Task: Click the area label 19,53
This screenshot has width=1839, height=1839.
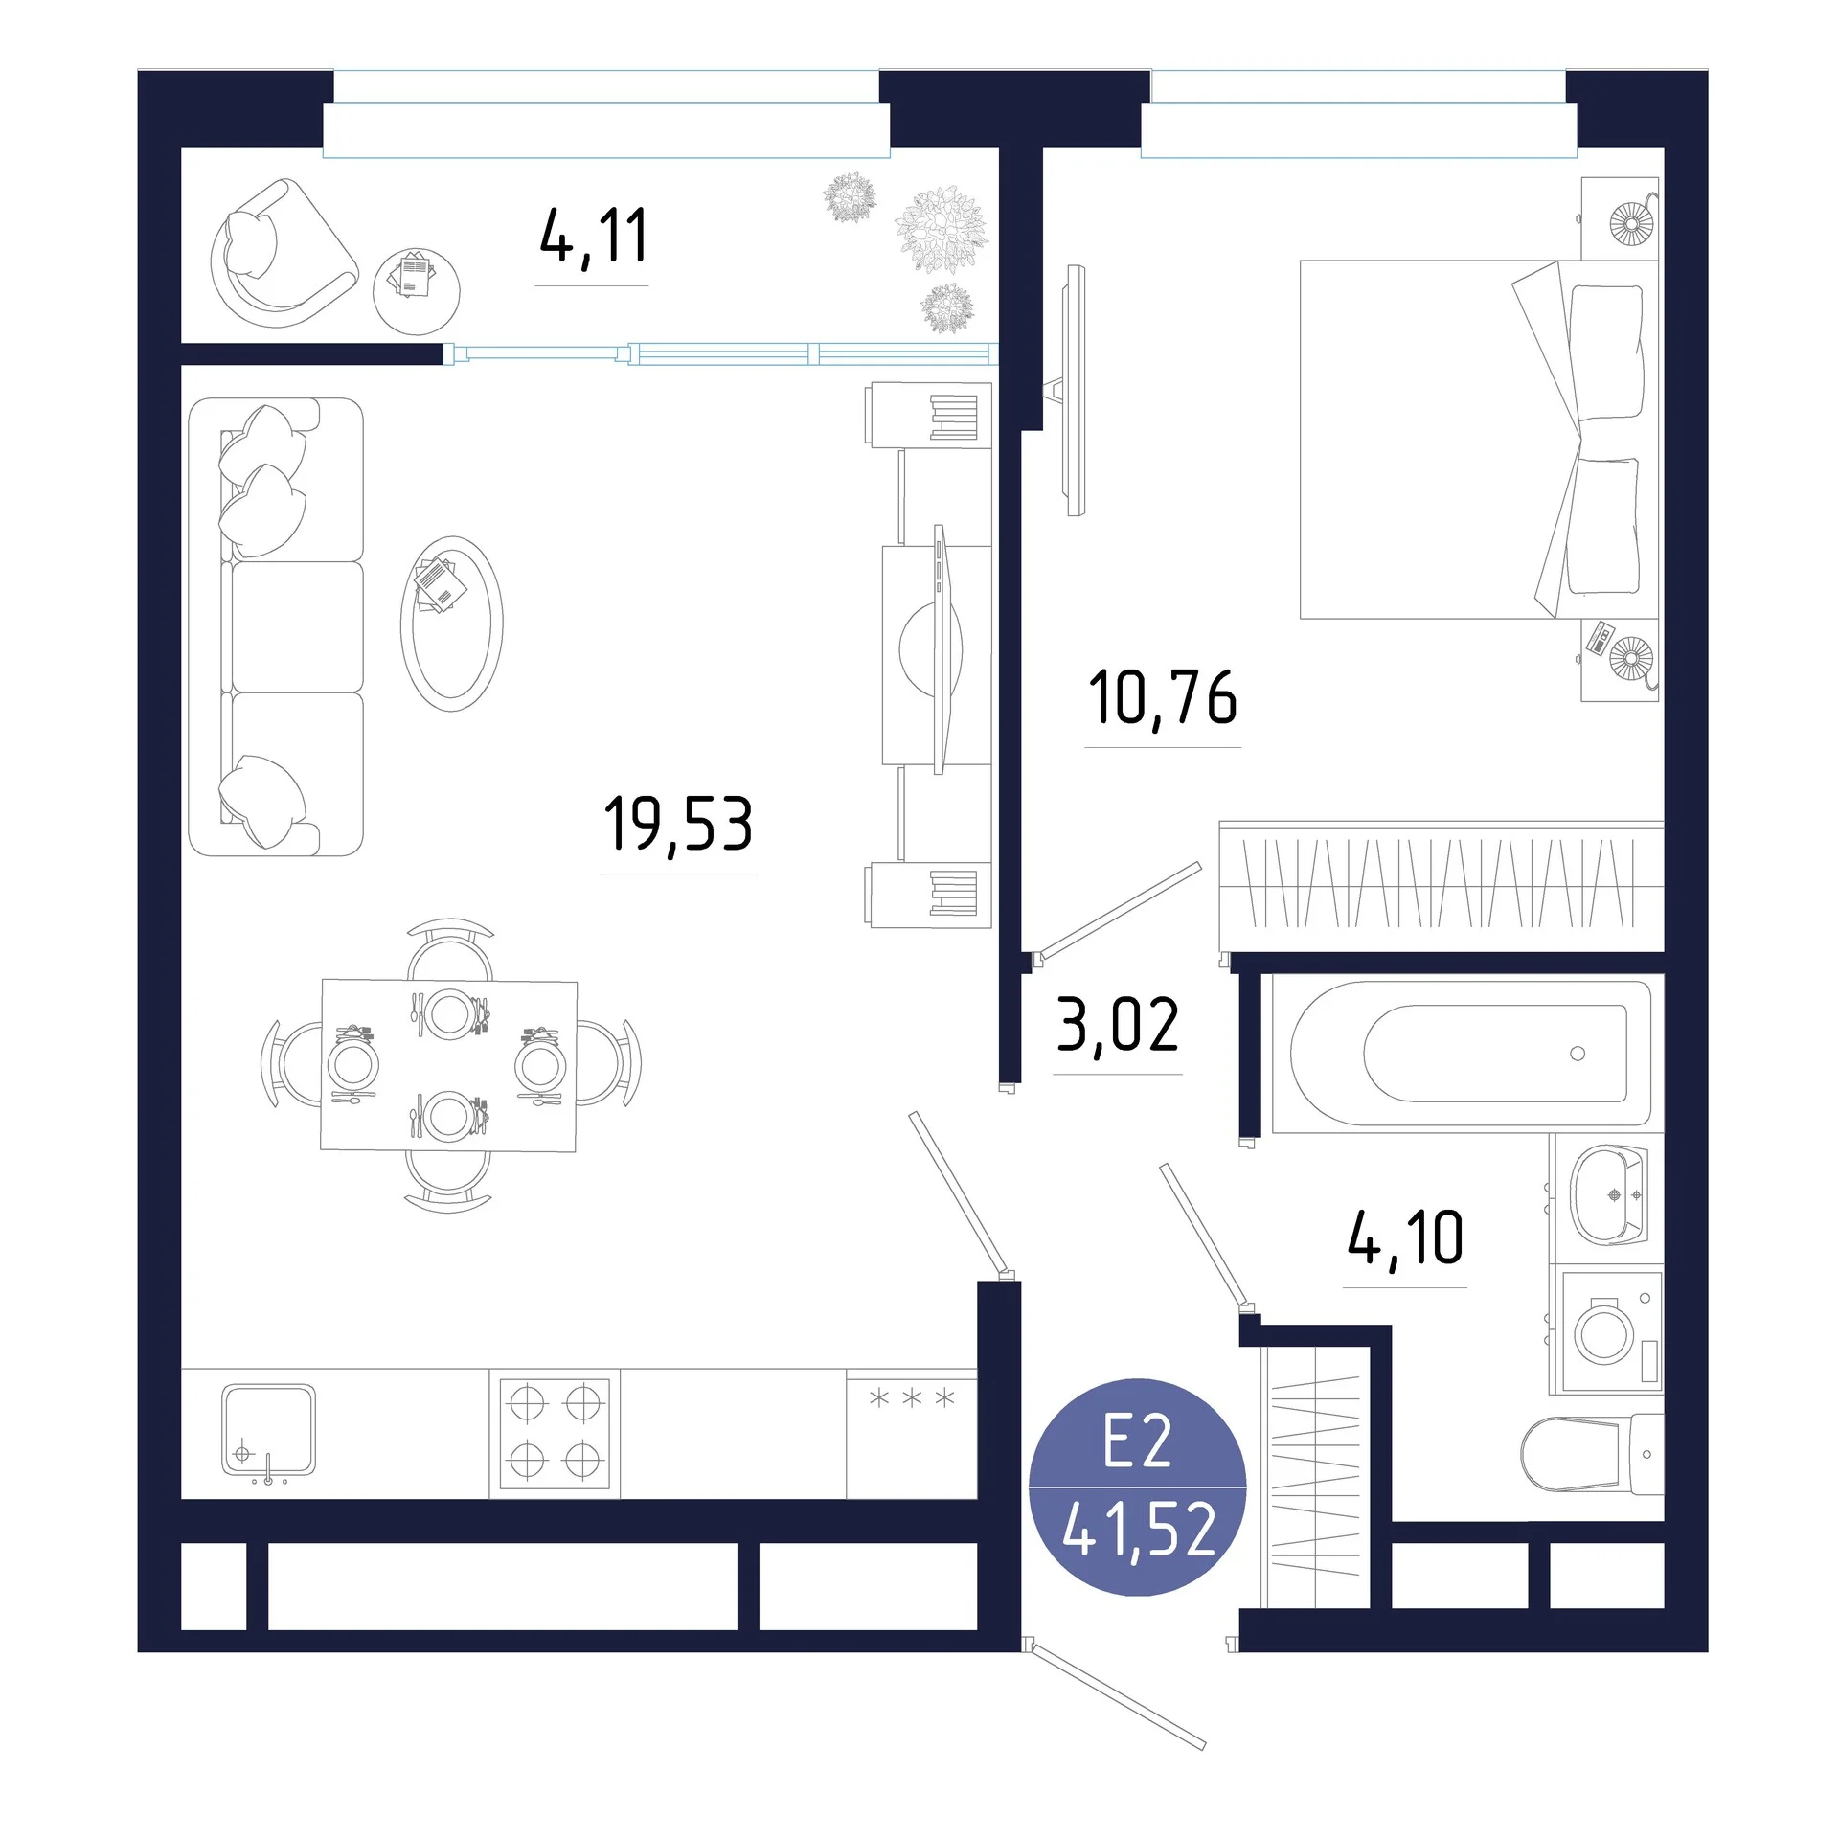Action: coord(678,825)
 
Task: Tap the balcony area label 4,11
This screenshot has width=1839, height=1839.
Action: coord(594,237)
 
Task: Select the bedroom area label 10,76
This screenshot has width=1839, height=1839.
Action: coord(1163,698)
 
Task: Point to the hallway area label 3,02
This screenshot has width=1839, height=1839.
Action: coord(1118,1024)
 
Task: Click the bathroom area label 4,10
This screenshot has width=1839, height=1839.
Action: coord(1405,1237)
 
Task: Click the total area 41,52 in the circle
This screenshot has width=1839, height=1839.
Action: coord(1139,1529)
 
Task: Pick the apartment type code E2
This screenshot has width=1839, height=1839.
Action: coord(1138,1442)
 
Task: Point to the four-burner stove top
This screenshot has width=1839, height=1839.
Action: coord(555,1434)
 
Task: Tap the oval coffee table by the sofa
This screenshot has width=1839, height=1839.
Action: coord(451,624)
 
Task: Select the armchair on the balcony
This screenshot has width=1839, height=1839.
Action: coord(283,254)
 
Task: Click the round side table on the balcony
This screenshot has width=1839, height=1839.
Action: coord(416,291)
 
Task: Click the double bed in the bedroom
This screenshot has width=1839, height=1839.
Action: coord(1479,440)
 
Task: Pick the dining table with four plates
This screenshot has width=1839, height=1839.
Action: coord(448,1064)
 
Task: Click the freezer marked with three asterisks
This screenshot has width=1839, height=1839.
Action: coord(912,1434)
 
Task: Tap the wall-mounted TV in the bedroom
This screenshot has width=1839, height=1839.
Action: coord(1076,391)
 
